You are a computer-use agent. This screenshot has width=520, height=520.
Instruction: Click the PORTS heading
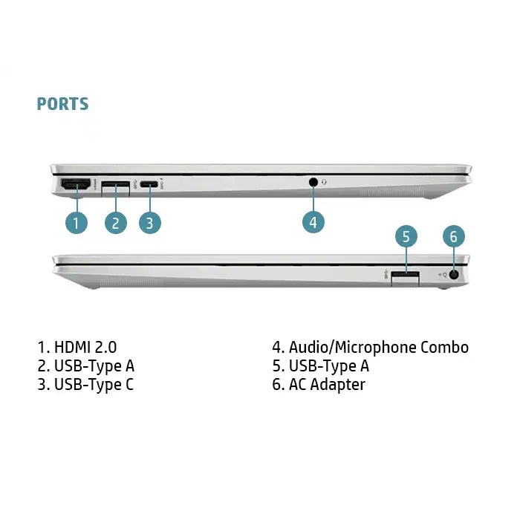(62, 104)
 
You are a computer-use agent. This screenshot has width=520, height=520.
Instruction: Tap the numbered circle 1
(77, 221)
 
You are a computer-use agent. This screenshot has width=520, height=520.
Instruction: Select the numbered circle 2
(115, 221)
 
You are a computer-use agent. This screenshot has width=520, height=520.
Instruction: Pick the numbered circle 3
(150, 221)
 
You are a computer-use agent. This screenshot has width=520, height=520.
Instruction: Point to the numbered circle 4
(313, 221)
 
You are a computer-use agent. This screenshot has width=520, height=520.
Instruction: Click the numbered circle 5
(406, 237)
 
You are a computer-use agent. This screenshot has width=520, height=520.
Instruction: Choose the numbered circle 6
(454, 237)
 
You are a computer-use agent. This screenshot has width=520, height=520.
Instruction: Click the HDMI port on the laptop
(75, 184)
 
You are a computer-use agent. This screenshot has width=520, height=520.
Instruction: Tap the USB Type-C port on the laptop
(150, 183)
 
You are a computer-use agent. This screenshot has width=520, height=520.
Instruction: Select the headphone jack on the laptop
(313, 181)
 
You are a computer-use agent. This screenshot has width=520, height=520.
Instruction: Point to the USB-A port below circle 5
(406, 276)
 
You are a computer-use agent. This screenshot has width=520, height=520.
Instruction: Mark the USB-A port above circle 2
(115, 184)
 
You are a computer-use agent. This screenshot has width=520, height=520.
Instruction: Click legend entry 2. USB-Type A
(86, 365)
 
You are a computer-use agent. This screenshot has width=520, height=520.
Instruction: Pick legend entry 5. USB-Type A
(320, 365)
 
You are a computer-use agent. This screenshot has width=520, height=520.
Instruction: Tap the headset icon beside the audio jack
(325, 181)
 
